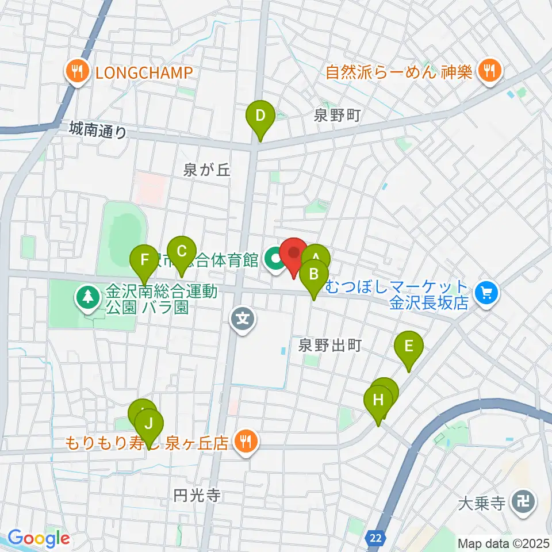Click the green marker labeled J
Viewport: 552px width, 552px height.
pyautogui.click(x=149, y=424)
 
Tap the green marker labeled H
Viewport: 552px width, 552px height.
pyautogui.click(x=378, y=400)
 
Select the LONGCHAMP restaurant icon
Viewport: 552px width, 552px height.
pyautogui.click(x=76, y=72)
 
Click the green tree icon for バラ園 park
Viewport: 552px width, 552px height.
pyautogui.click(x=87, y=298)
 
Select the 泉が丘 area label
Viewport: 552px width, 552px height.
pyautogui.click(x=207, y=170)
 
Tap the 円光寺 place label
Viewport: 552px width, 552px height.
pyautogui.click(x=197, y=496)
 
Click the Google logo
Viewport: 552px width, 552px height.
pyautogui.click(x=39, y=538)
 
